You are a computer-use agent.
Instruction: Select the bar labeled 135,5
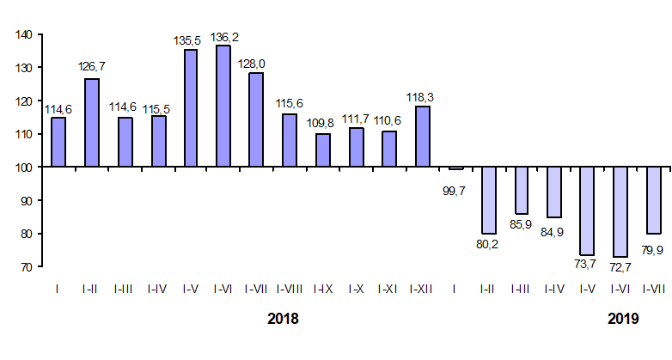[191, 108]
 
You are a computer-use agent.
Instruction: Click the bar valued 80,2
[488, 200]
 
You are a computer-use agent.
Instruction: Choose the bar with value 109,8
[323, 150]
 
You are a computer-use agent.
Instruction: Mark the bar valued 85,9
[522, 191]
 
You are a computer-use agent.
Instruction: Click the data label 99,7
[455, 191]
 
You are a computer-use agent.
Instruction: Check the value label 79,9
[653, 251]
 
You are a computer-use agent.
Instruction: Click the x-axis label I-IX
[323, 290]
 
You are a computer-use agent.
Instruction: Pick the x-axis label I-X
[356, 290]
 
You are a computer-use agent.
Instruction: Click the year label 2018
[284, 319]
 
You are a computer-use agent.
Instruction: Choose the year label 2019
[624, 319]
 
